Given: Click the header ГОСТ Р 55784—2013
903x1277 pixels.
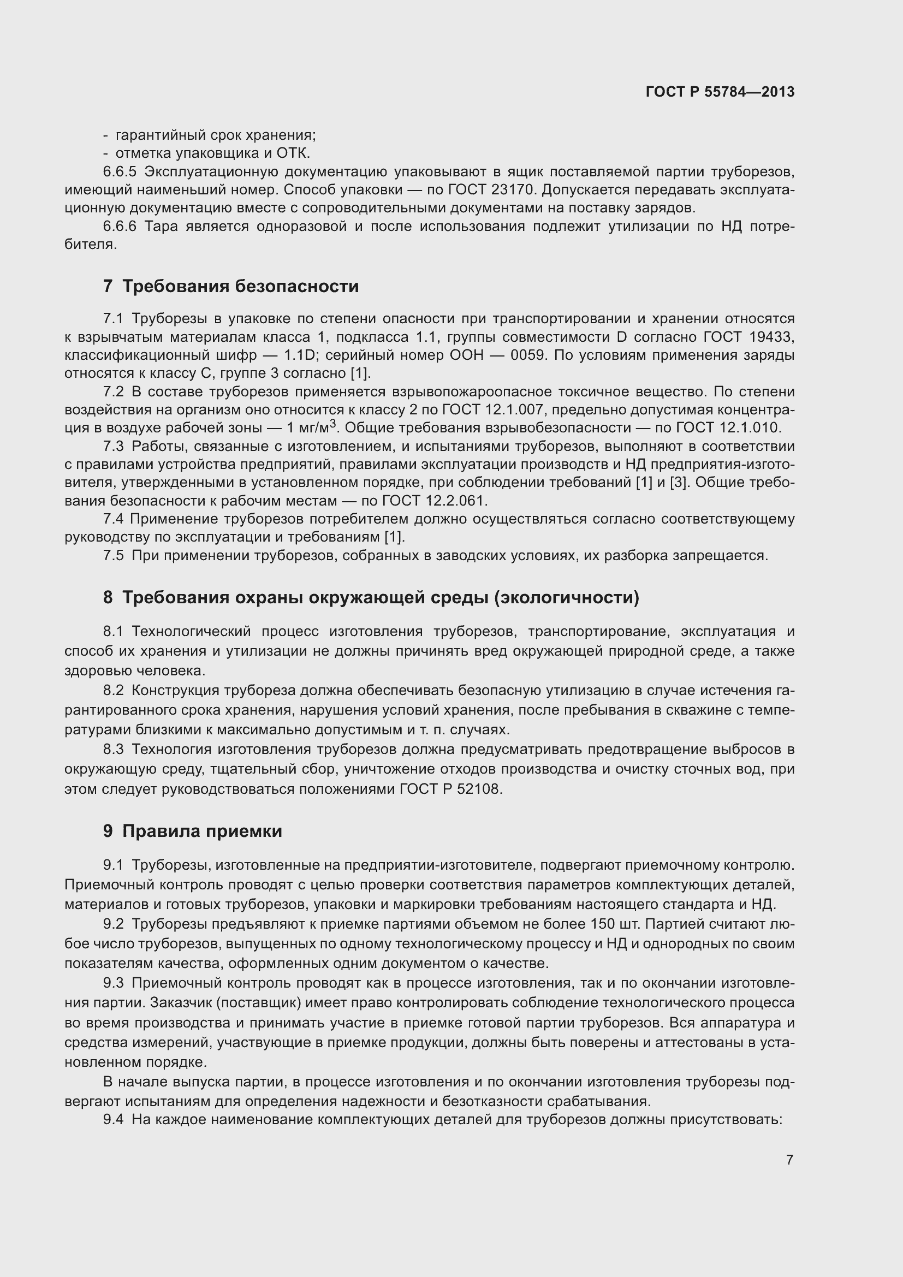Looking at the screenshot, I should tap(720, 92).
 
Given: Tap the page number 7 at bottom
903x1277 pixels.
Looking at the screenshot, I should tap(789, 1160).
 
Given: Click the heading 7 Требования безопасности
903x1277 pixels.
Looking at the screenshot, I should tap(231, 287).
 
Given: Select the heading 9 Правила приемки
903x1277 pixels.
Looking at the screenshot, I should tap(192, 831).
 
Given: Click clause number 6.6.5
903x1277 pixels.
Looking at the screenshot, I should tap(120, 172).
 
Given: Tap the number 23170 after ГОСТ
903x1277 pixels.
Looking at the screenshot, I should tap(514, 190).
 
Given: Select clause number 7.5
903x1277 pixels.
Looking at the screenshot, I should tap(114, 556).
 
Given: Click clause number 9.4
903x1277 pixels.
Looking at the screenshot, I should tap(114, 1119).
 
